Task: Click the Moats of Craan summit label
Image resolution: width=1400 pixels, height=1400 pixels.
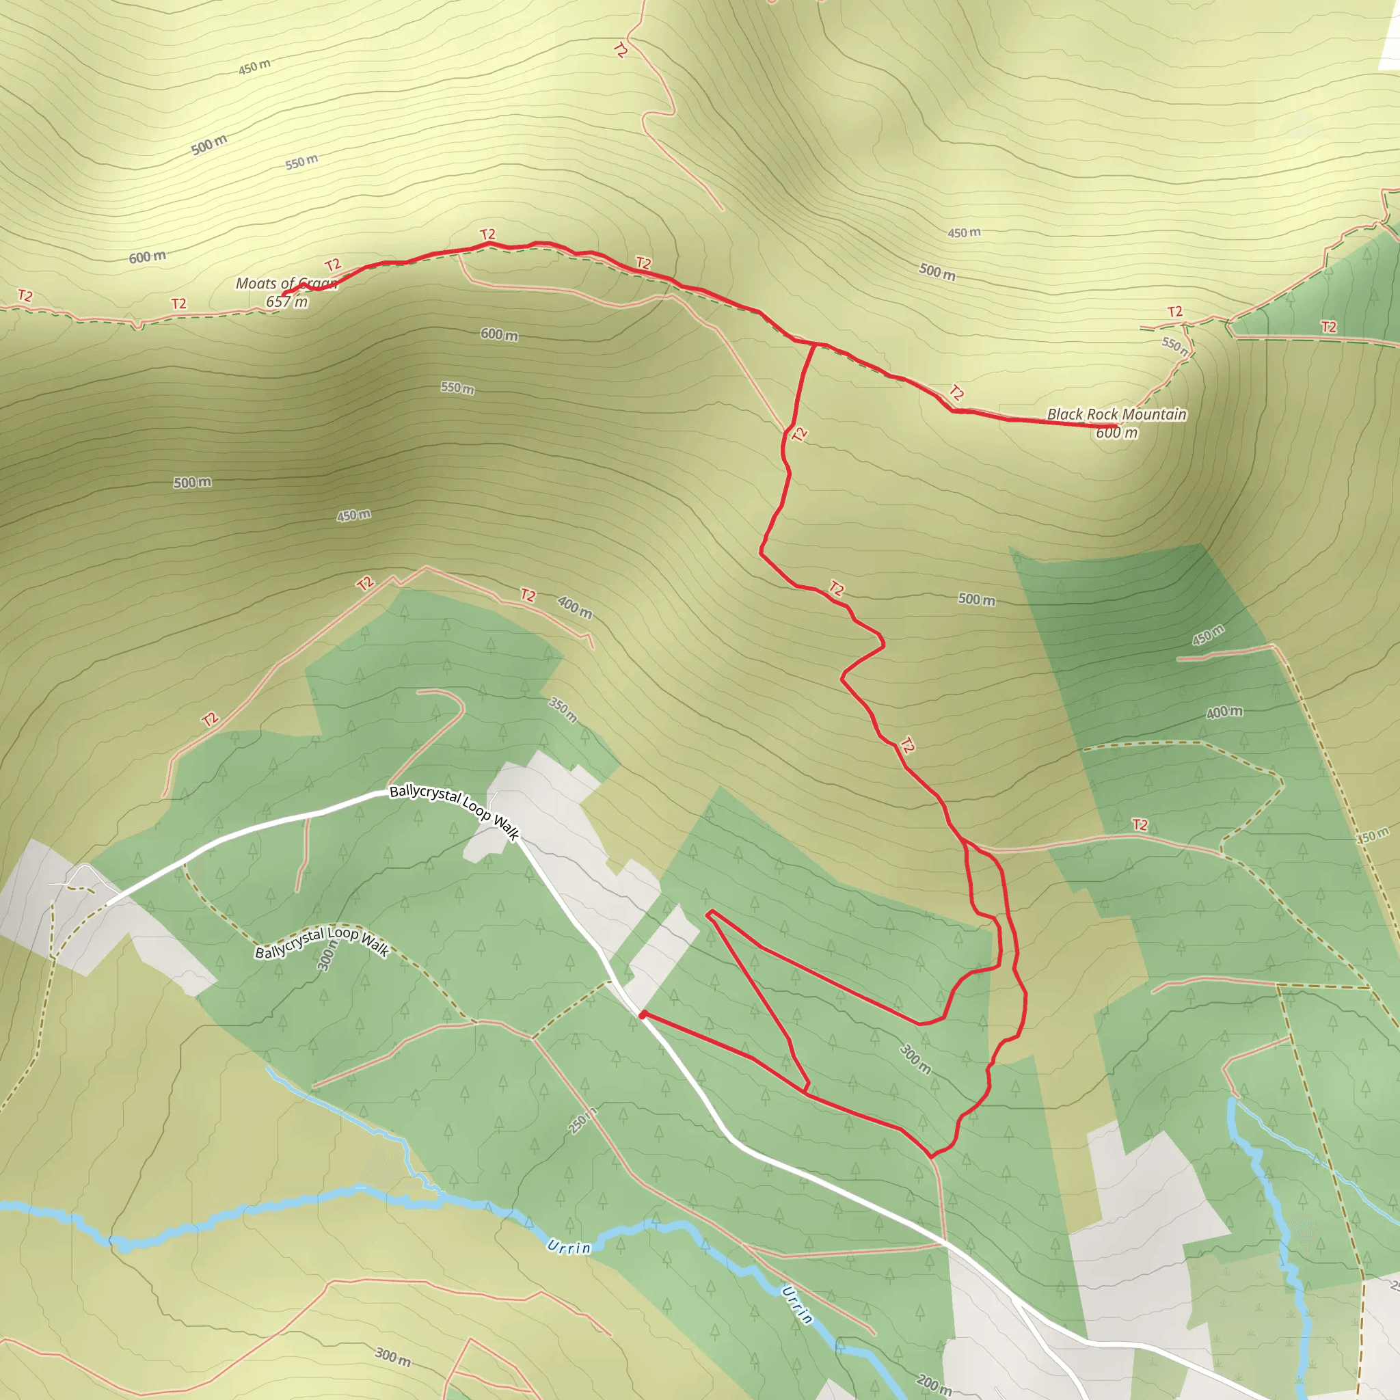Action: pyautogui.click(x=287, y=283)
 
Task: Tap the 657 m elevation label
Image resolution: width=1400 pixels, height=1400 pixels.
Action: pyautogui.click(x=287, y=301)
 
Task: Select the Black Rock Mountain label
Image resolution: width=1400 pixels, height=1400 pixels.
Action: pyautogui.click(x=1117, y=414)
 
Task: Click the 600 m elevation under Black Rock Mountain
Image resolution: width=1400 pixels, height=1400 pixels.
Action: pyautogui.click(x=1117, y=433)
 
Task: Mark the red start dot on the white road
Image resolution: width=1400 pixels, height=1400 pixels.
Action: pyautogui.click(x=643, y=1015)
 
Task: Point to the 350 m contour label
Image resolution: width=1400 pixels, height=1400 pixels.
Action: pyautogui.click(x=563, y=710)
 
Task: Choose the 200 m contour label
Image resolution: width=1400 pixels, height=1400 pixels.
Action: pyautogui.click(x=934, y=1385)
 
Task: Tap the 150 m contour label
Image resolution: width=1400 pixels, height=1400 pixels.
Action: pyautogui.click(x=1373, y=835)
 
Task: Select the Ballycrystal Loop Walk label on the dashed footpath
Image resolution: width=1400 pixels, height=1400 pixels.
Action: pyautogui.click(x=323, y=942)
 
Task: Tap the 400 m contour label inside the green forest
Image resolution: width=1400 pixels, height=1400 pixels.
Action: pyautogui.click(x=1224, y=713)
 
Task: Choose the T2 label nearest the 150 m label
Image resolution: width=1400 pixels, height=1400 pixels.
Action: pyautogui.click(x=1140, y=824)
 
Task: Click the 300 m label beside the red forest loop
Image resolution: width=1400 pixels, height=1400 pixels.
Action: pyautogui.click(x=915, y=1060)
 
